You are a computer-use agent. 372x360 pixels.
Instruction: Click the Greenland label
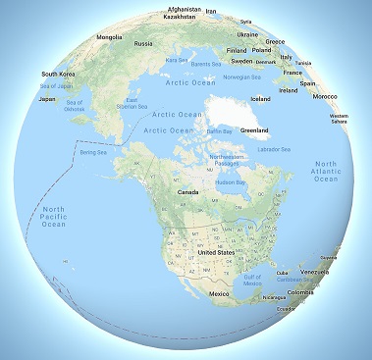tap(254, 129)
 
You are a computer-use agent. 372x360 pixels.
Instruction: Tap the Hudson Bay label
tap(229, 182)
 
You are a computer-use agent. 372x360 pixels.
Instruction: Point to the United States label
tap(215, 252)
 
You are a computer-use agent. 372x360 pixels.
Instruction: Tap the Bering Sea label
tap(92, 154)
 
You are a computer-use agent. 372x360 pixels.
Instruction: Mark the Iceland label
tap(260, 98)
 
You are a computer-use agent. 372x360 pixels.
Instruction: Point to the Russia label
tap(143, 43)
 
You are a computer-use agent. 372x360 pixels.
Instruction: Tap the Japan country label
tap(45, 98)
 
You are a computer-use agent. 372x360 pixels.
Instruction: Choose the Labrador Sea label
tap(274, 149)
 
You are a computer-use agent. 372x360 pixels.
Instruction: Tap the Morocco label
tap(323, 96)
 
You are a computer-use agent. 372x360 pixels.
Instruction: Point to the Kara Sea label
tap(177, 61)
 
